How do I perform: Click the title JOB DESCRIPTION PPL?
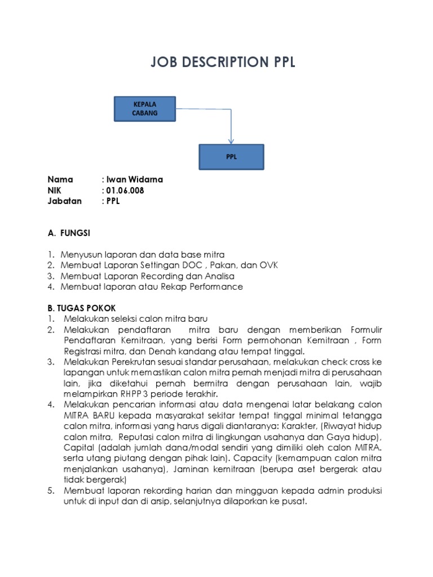pyautogui.click(x=223, y=63)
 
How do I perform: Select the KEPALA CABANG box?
pyautogui.click(x=145, y=109)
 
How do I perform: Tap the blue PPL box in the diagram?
pyautogui.click(x=231, y=157)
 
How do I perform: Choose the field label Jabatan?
pyautogui.click(x=65, y=201)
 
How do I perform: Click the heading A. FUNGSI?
pyautogui.click(x=69, y=233)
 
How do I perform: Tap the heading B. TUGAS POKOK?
pyautogui.click(x=81, y=308)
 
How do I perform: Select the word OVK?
pyautogui.click(x=268, y=265)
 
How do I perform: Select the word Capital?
pyautogui.click(x=79, y=447)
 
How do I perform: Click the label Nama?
pyautogui.click(x=60, y=180)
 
